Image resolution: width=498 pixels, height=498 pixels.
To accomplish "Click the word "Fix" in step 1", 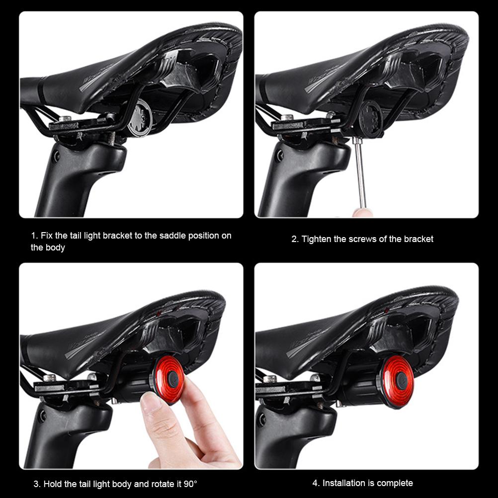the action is point(47,236).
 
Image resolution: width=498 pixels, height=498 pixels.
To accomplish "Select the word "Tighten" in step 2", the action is point(316,239).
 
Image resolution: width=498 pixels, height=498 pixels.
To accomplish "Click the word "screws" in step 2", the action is point(363,239).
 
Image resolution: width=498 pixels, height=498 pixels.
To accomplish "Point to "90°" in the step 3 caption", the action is point(190,484).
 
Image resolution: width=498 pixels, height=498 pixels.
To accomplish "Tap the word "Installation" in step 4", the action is point(343,483).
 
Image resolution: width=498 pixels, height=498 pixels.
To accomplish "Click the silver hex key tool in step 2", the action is point(359,172).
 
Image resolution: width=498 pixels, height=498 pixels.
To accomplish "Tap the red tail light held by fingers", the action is point(168,380).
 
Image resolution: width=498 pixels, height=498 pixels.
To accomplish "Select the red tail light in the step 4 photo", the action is point(398,381).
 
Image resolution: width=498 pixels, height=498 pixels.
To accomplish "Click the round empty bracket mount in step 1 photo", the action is point(140,118).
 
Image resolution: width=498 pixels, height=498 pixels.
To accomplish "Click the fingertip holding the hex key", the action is point(362,213).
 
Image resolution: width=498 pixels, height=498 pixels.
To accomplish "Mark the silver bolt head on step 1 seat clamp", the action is point(65,118).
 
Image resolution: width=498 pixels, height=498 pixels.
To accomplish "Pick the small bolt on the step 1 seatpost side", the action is point(56,156).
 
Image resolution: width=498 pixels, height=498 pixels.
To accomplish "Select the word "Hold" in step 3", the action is point(52,484).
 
